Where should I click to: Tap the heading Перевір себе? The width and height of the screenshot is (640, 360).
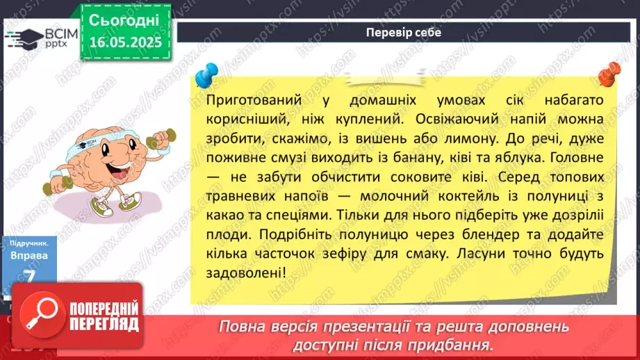(x=402, y=32)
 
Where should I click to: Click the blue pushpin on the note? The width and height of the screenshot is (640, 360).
(x=207, y=72)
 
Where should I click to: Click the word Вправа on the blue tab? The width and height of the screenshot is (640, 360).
(x=29, y=256)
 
